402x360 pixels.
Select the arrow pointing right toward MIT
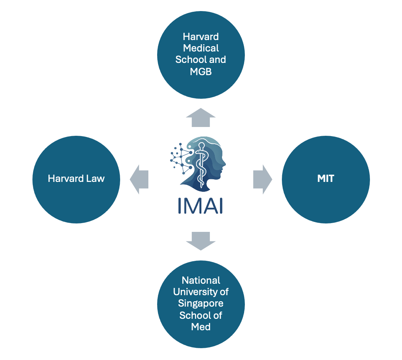coord(262,179)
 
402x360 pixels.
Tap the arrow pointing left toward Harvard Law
coord(139,179)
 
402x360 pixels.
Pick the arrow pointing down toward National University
coord(201,240)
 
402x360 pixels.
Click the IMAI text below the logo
coord(201,205)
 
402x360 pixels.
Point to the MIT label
coord(326,178)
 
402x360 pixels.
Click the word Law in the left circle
coord(95,178)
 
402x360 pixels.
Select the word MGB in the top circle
coord(201,71)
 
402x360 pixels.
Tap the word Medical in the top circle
coord(201,48)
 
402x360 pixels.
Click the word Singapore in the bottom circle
coord(201,304)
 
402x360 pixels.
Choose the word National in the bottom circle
coord(201,280)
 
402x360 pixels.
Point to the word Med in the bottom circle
coord(201,327)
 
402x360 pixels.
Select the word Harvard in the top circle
coord(201,37)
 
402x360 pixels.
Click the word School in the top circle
coord(187,60)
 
